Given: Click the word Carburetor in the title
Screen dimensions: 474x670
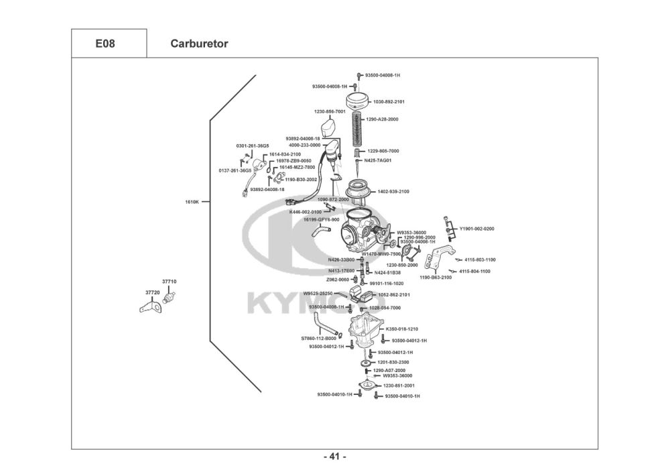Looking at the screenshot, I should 199,44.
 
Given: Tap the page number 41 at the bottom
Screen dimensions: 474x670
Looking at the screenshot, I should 335,457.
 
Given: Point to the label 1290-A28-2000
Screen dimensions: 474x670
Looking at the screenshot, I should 382,119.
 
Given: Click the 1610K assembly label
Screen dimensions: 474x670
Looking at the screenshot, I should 192,201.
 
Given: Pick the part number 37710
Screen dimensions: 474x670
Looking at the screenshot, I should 169,282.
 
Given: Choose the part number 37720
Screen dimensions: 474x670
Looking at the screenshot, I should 152,292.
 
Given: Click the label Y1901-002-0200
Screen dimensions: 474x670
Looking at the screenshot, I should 476,229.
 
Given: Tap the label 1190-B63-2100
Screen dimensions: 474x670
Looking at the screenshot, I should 435,277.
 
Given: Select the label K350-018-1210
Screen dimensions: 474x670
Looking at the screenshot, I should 402,329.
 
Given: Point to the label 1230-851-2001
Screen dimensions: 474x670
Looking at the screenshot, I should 399,386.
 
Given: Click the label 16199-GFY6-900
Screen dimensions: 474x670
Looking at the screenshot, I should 322,219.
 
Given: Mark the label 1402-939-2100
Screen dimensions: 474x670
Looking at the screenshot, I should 393,192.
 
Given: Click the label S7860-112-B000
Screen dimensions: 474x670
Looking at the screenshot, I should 318,339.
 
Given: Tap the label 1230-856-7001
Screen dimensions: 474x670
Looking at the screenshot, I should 330,111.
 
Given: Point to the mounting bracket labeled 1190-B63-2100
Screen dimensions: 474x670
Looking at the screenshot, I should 440,258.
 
